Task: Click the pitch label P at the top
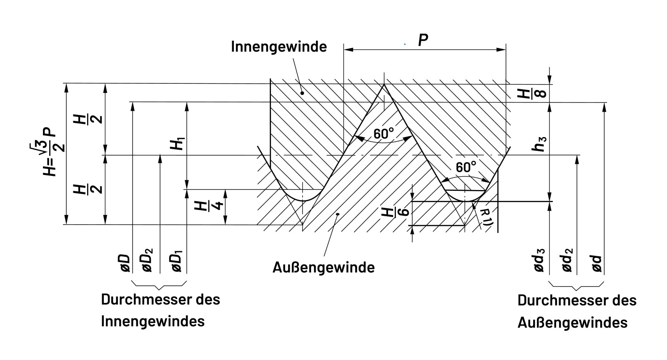[x=423, y=40]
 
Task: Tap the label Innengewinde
[x=279, y=46]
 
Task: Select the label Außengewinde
[x=323, y=267]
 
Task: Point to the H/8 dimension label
[x=527, y=93]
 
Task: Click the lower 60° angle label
[x=466, y=167]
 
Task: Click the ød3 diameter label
[x=539, y=260]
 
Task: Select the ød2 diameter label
[x=567, y=260]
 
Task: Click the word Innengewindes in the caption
[x=153, y=322]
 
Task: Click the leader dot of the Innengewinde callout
[x=303, y=93]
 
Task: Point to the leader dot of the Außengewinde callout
[x=338, y=214]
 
